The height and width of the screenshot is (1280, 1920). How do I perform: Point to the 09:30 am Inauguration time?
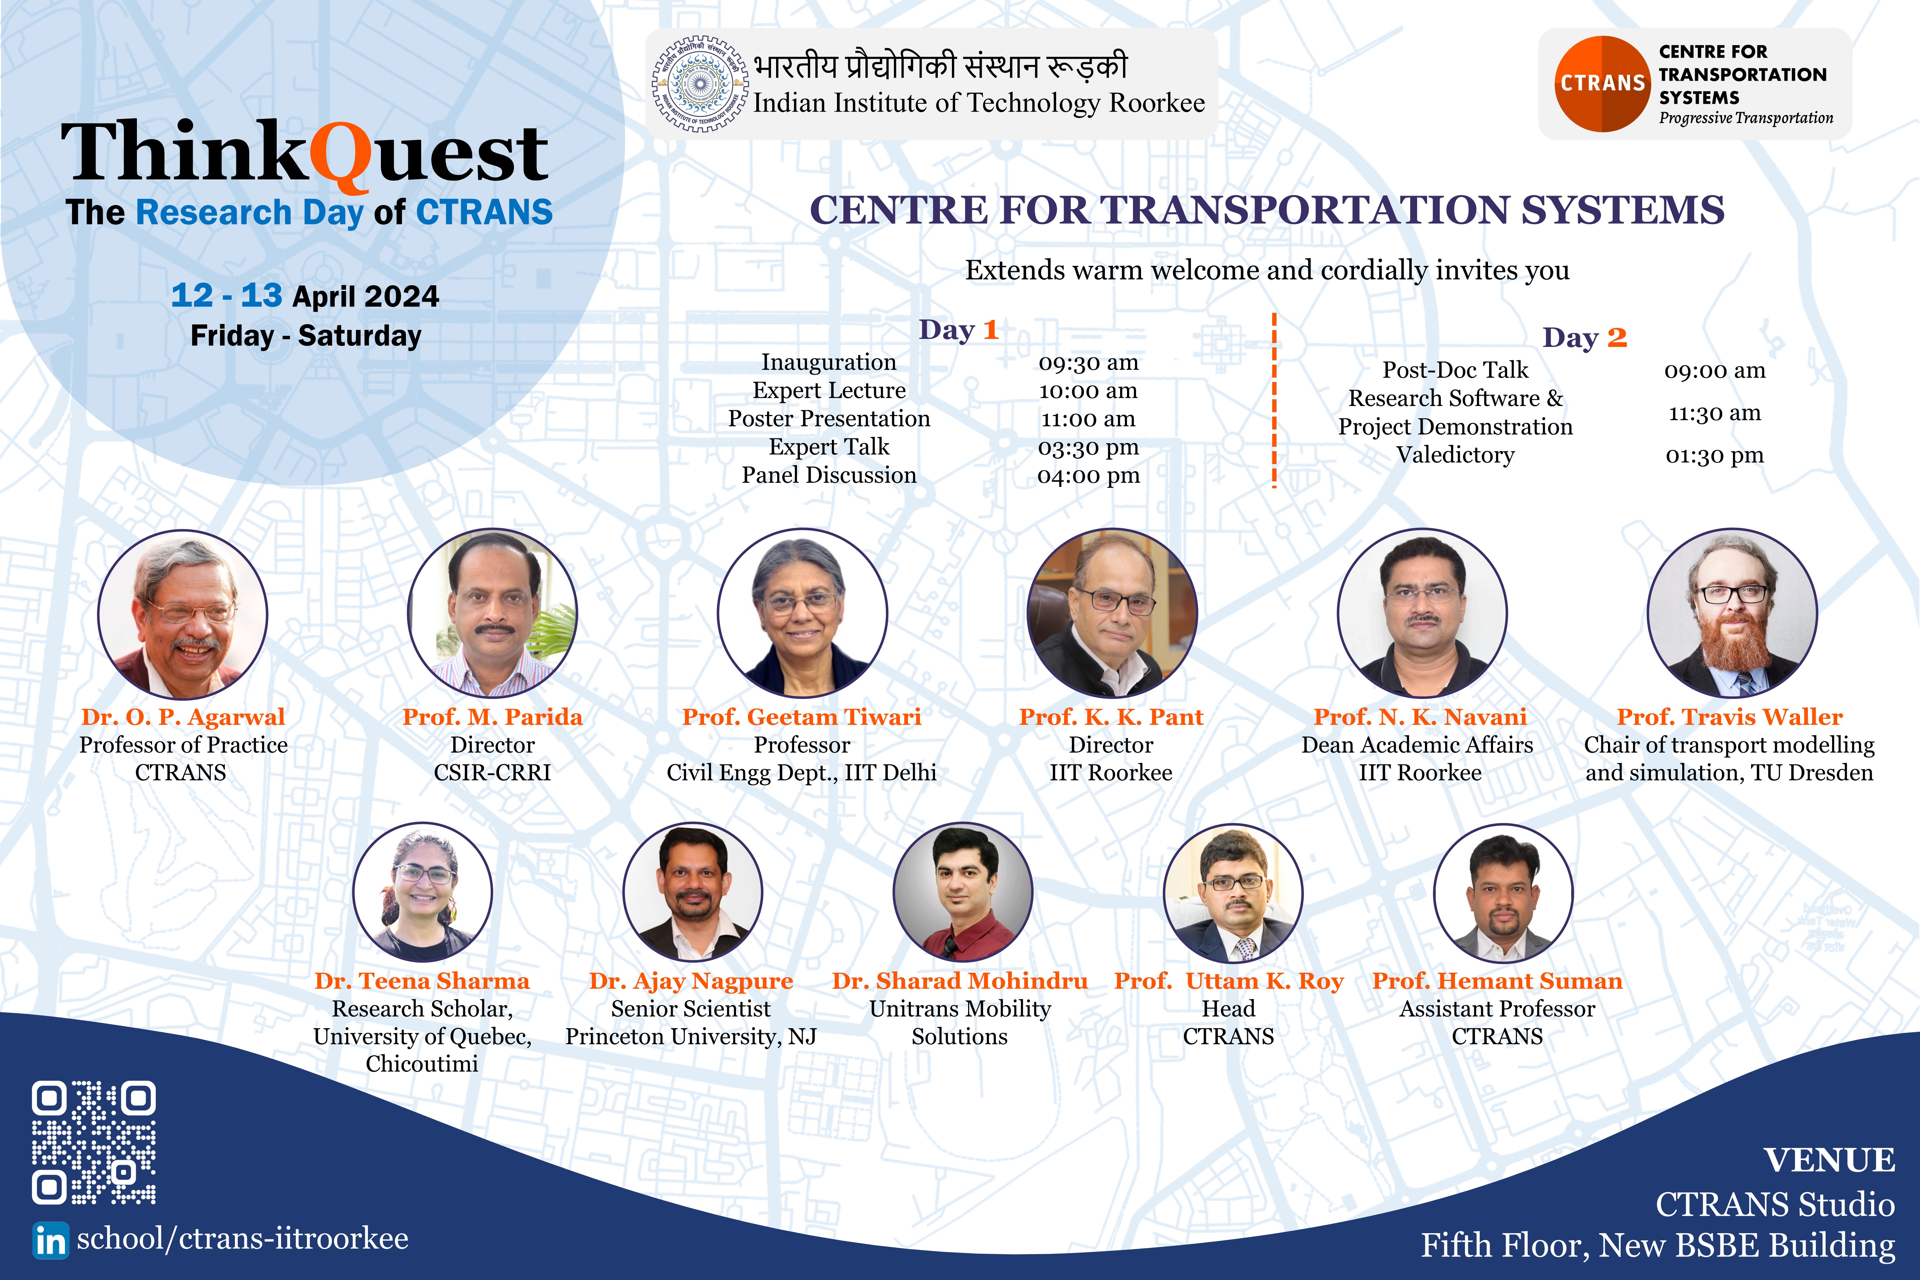(x=1088, y=362)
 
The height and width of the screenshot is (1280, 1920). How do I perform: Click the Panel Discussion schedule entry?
(x=829, y=475)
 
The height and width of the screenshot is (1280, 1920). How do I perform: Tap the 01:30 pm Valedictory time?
(x=1714, y=455)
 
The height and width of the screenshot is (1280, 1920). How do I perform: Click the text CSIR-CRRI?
(x=492, y=772)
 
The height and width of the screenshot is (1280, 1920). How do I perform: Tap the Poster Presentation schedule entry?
(x=829, y=419)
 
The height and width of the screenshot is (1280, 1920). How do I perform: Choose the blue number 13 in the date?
(x=261, y=295)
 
